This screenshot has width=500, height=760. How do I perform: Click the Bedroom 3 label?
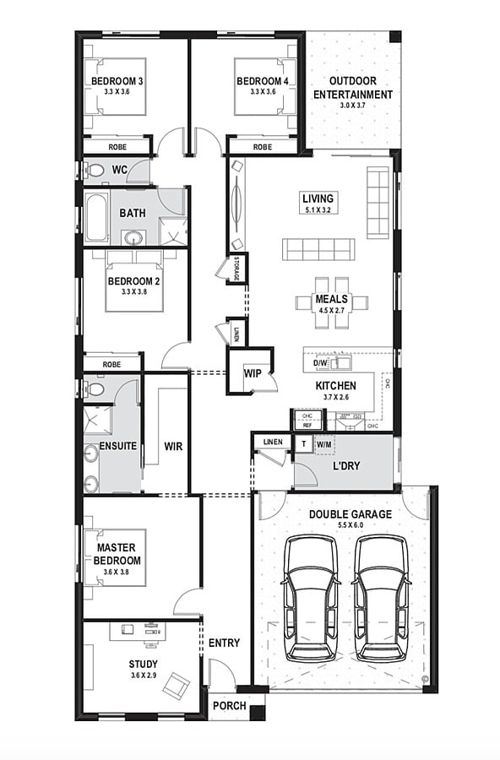[x=117, y=81]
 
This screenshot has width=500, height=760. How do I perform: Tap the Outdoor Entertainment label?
[x=353, y=88]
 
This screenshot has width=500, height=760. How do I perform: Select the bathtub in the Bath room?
[x=96, y=218]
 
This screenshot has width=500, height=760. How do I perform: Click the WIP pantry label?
[x=253, y=373]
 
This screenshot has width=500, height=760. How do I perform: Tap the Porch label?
[x=229, y=706]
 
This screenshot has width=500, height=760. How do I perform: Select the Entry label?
[x=224, y=643]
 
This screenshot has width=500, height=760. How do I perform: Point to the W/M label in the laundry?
[x=324, y=443]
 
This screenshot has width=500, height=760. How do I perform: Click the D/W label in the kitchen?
[x=320, y=364]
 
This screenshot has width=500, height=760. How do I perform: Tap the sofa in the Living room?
[x=318, y=249]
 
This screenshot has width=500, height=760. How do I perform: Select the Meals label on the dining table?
[x=332, y=299]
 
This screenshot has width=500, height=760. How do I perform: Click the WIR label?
[x=174, y=445]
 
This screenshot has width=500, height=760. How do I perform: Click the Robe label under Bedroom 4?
[x=263, y=147]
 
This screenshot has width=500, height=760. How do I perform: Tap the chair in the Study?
[x=177, y=684]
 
